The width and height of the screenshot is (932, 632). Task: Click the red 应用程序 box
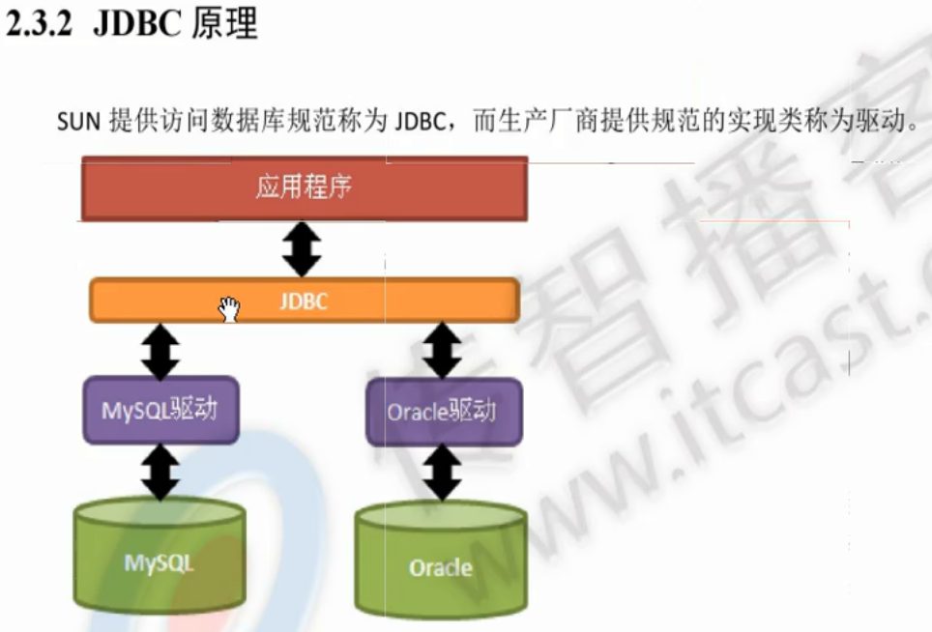click(304, 188)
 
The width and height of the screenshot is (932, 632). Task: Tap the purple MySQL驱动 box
click(160, 410)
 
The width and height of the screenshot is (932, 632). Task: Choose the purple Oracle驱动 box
click(443, 412)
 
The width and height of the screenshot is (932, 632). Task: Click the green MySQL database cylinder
click(159, 560)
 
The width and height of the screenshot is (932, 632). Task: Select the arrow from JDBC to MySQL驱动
click(160, 350)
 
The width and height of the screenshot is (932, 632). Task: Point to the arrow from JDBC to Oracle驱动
click(442, 350)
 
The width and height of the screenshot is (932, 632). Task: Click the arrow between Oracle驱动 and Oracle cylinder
click(442, 473)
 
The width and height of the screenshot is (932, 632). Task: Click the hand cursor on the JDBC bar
click(229, 309)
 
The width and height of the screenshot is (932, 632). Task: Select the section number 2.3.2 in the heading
click(42, 26)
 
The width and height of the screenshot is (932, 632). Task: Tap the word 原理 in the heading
click(224, 26)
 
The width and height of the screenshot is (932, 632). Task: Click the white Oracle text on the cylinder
click(440, 567)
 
